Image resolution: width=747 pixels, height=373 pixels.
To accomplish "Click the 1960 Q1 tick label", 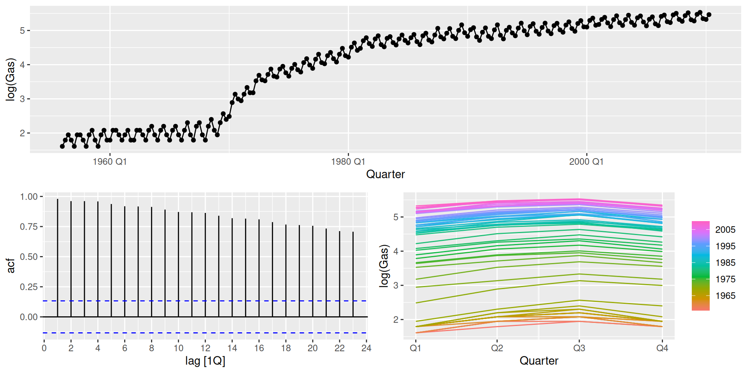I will point(110,162).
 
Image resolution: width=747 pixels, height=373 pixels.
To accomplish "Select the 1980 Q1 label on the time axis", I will point(348,162).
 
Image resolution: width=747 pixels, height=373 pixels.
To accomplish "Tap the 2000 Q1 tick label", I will point(586,162).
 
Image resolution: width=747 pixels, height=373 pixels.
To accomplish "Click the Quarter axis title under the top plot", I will point(385,174).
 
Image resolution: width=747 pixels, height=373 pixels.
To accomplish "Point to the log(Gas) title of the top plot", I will point(11,79).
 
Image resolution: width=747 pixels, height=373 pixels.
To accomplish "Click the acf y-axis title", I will point(11,266).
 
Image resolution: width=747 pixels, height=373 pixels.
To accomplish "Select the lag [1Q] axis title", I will point(205,361).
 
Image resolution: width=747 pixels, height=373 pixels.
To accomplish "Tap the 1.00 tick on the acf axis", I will point(29,197).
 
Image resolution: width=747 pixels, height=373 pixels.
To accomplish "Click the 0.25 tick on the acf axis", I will point(29,287).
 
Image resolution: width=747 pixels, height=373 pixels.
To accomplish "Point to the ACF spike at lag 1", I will point(58,256).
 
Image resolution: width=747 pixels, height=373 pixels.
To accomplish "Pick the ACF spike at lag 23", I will point(353,274).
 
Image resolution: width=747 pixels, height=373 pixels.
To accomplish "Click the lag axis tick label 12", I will point(205,348).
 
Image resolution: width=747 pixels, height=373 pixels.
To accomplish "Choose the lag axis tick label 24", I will point(366,348).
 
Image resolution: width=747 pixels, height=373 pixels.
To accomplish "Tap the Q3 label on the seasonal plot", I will point(579,348).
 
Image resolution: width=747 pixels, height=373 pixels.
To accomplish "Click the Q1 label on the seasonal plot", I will point(416,348).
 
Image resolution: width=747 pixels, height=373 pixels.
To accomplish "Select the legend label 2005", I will point(725,230).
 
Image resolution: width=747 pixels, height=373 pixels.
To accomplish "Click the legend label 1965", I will point(725,296).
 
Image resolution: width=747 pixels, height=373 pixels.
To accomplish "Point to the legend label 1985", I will point(725,263).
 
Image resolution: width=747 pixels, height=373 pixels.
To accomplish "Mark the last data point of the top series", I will point(709,15).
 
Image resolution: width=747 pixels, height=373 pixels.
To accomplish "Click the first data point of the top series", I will point(62,146).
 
